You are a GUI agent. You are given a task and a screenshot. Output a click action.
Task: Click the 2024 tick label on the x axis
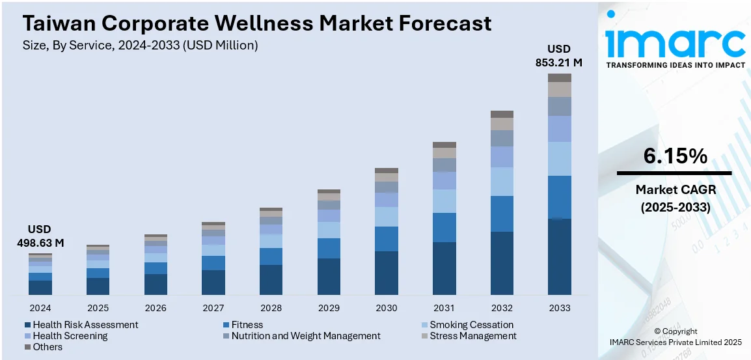tap(40, 308)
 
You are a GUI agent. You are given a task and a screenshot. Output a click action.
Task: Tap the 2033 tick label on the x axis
tap(560, 308)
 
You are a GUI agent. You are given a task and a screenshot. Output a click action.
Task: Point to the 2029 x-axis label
tap(329, 308)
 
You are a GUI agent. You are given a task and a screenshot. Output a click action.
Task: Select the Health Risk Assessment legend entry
tap(85, 325)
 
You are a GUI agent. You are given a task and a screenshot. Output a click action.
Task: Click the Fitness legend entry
tap(247, 325)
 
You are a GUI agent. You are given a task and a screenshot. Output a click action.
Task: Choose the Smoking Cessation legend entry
tap(471, 325)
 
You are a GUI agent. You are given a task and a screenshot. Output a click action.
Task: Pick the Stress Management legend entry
tap(472, 336)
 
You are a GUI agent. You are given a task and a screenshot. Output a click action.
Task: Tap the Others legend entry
tap(48, 347)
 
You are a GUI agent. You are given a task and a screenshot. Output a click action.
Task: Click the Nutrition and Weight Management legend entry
tap(305, 336)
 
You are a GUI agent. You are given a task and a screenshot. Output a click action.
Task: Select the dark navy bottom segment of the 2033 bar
tap(560, 256)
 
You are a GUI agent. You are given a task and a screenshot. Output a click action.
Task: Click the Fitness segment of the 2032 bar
tap(502, 214)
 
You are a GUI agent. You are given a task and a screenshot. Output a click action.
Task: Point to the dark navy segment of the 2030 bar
tap(387, 273)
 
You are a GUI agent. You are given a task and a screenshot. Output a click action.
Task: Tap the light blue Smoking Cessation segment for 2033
tap(560, 159)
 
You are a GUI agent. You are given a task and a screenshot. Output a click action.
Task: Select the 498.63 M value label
tap(40, 243)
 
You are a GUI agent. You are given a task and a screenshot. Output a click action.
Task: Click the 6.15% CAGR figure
tap(675, 156)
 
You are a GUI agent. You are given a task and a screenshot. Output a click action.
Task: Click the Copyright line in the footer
tap(675, 331)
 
